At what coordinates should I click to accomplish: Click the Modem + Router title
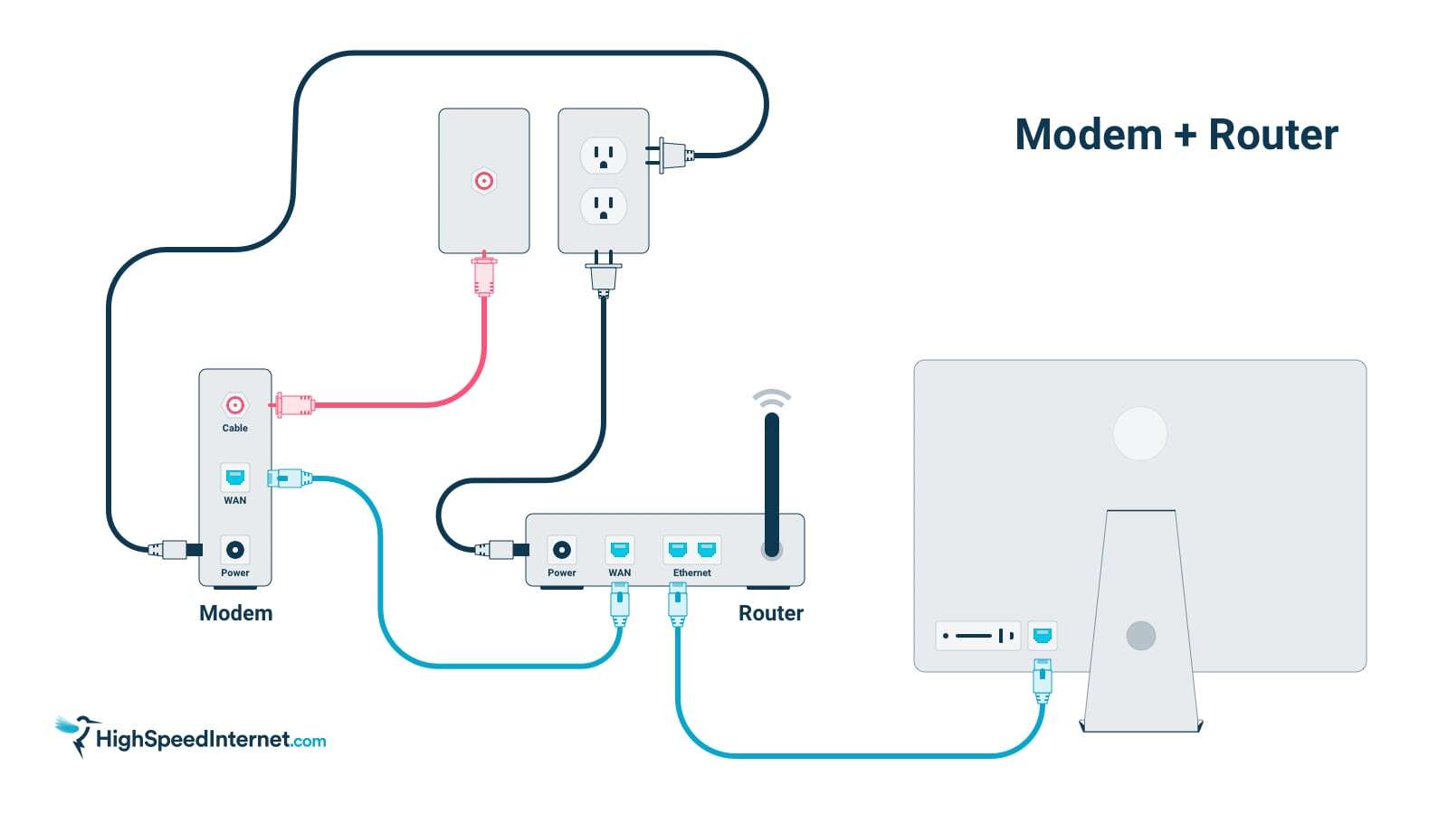1176,135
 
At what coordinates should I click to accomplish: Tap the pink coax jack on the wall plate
484,181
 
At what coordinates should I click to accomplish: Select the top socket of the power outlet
604,156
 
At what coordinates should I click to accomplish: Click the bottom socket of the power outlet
604,206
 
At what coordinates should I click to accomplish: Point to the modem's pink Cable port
235,405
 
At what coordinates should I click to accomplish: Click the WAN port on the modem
235,477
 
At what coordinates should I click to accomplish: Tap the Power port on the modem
235,549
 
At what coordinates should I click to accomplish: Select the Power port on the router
562,549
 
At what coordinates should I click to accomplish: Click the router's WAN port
620,549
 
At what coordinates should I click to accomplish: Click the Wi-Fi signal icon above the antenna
772,399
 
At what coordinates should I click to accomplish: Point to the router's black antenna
772,479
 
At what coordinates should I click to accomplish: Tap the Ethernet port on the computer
1043,635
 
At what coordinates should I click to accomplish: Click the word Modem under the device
235,613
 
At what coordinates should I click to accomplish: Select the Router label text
771,613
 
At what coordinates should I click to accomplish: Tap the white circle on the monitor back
1140,433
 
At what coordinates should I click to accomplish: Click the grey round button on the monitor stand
1140,635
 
